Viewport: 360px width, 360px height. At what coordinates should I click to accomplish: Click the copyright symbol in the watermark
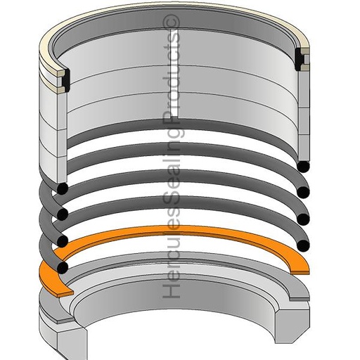click(x=171, y=23)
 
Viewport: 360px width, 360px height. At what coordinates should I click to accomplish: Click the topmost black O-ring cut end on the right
click(x=303, y=167)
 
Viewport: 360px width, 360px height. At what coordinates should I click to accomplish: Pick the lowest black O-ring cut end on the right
click(x=303, y=245)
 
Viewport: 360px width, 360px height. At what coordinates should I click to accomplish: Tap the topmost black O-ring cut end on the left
click(x=62, y=188)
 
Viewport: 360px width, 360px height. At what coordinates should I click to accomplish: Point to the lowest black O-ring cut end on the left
click(x=62, y=267)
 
